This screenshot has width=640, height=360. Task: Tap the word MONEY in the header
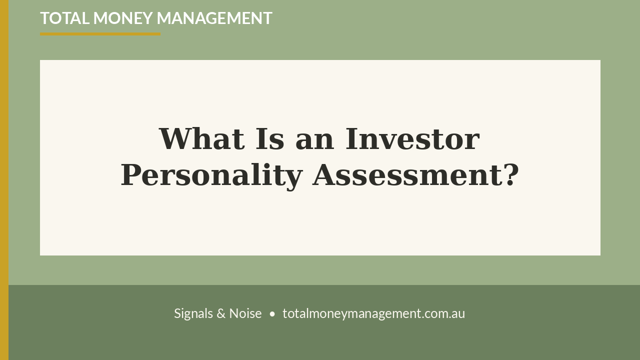123,18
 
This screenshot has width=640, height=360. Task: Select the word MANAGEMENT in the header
214,18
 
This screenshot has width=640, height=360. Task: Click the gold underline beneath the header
100,34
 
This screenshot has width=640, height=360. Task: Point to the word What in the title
202,139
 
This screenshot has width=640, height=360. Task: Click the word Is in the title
270,139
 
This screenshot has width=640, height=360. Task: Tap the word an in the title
314,141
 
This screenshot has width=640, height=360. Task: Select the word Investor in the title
412,139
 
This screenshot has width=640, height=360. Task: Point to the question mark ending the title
511,175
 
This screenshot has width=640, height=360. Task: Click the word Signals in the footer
193,313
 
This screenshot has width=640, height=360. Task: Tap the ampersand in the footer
221,313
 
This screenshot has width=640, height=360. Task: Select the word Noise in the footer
245,313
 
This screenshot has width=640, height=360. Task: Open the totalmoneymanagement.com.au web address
373,313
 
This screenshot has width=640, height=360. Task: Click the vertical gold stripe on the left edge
4,180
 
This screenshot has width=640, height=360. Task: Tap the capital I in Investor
351,139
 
